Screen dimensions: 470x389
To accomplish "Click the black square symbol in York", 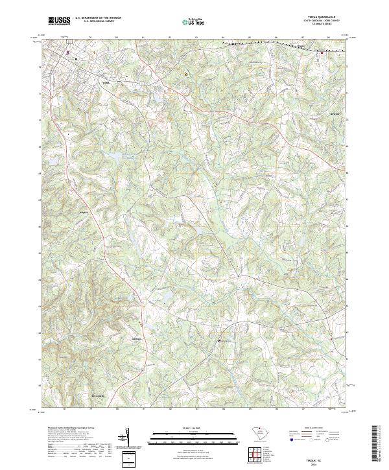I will (77, 59).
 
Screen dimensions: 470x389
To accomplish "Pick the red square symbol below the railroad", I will (322, 54).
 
